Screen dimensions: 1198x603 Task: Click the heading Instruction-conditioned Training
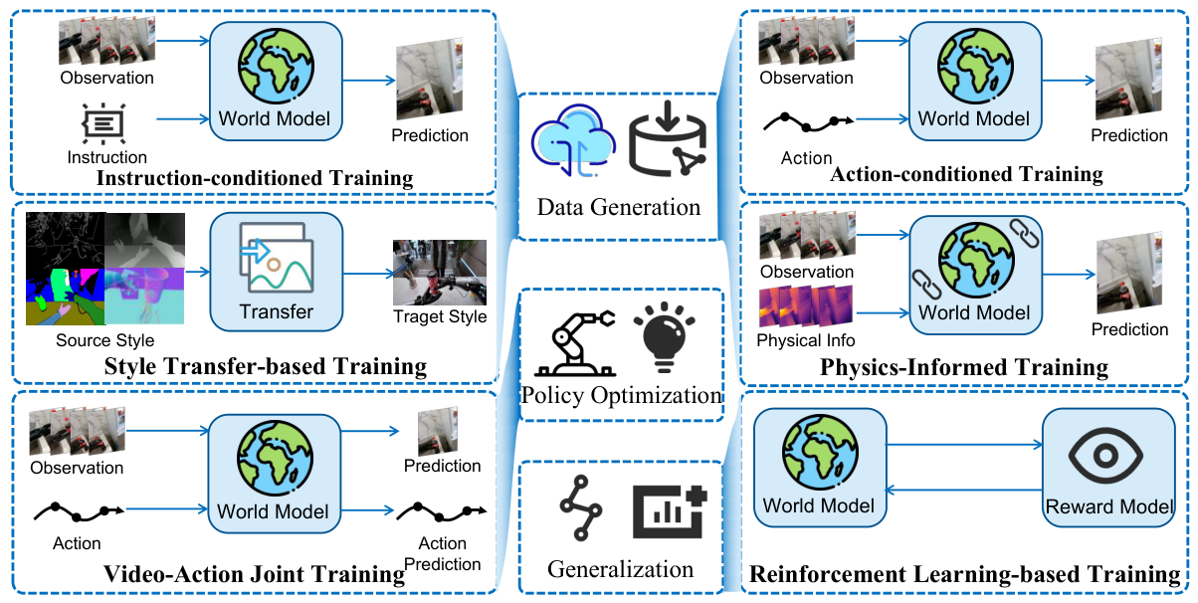pyautogui.click(x=255, y=178)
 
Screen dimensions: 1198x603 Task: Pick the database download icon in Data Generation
pyautogui.click(x=666, y=142)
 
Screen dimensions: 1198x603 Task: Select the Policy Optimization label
pyautogui.click(x=621, y=394)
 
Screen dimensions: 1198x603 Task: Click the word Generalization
pyautogui.click(x=620, y=569)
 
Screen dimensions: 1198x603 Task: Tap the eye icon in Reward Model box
pyautogui.click(x=1107, y=458)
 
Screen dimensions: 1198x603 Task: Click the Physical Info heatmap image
pyautogui.click(x=806, y=306)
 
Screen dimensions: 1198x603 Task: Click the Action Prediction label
pyautogui.click(x=443, y=553)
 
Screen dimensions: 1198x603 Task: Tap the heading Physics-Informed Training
pyautogui.click(x=963, y=367)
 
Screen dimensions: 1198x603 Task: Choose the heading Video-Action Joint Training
pyautogui.click(x=255, y=574)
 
